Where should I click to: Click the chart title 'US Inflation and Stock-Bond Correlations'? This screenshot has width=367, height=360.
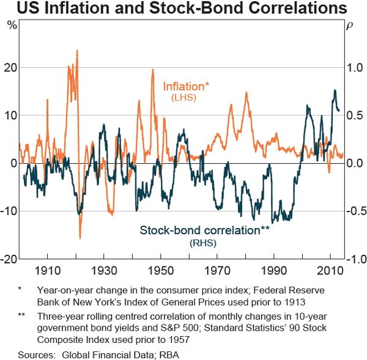coord(183,10)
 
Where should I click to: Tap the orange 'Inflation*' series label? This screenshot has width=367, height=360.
coord(186,86)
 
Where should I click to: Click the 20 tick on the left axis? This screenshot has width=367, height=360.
coord(11,67)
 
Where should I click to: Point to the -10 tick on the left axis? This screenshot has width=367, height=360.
coord(9,211)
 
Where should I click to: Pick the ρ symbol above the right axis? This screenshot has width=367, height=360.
coord(350,26)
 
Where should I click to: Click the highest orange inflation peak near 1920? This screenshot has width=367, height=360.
coord(77,50)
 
